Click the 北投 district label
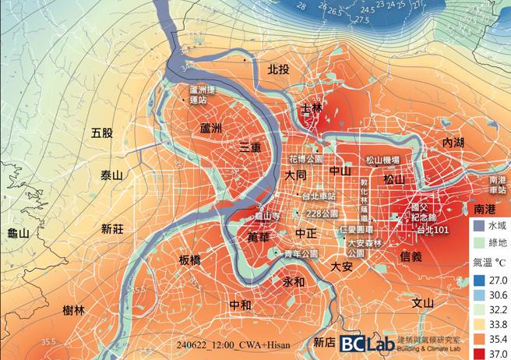[x=278, y=69]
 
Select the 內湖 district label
[x=453, y=143]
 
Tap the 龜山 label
[x=17, y=233]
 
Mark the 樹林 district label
[x=73, y=310]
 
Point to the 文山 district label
[x=422, y=303]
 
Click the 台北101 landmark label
[x=432, y=231]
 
